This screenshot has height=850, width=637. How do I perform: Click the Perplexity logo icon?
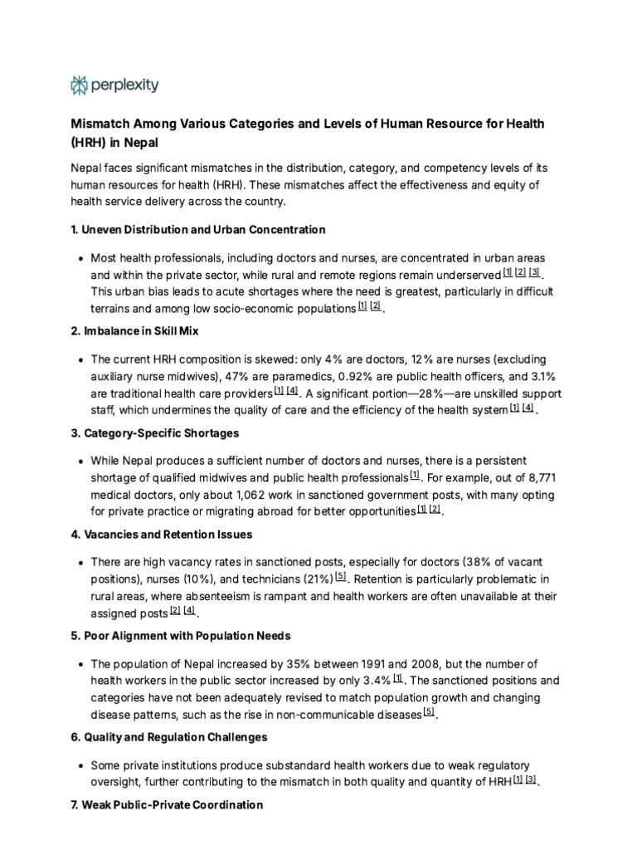tap(79, 85)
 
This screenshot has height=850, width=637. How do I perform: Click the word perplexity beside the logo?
tap(125, 85)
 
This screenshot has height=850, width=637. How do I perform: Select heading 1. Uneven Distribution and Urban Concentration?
tap(197, 230)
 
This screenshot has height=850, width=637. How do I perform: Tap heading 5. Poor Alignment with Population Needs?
tap(180, 636)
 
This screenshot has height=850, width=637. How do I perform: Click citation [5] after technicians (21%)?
tap(341, 576)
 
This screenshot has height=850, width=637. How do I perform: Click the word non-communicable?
tap(318, 714)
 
